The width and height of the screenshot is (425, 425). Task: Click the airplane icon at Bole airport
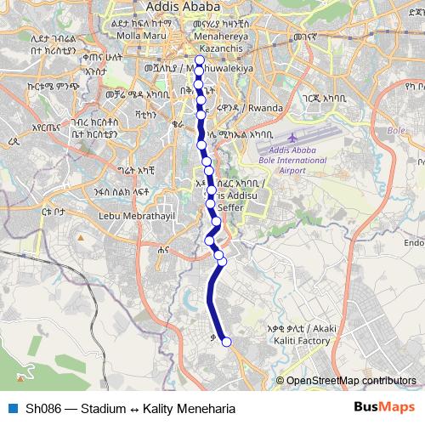click(293, 137)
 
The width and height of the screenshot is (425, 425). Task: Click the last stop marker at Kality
click(226, 343)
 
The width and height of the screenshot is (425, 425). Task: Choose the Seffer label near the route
click(231, 207)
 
